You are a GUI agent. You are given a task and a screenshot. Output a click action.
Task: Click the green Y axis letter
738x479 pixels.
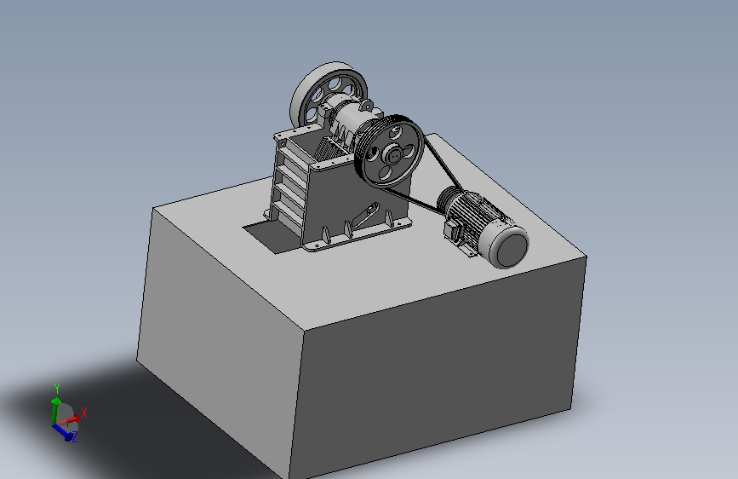[x=57, y=389]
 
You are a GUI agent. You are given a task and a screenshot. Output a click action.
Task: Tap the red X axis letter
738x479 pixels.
[x=84, y=413]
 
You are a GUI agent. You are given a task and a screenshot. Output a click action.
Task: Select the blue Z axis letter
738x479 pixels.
[x=74, y=437]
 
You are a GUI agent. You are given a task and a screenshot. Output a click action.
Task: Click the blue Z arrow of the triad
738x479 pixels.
[x=62, y=432]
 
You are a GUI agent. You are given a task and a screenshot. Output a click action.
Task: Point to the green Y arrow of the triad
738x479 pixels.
[x=55, y=410]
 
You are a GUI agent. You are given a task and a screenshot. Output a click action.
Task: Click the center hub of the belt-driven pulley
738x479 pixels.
[x=392, y=154]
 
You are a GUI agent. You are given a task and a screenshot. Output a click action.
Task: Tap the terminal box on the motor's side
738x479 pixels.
[x=455, y=231]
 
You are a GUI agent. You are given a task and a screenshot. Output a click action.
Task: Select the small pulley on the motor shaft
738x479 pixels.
[x=448, y=199]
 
